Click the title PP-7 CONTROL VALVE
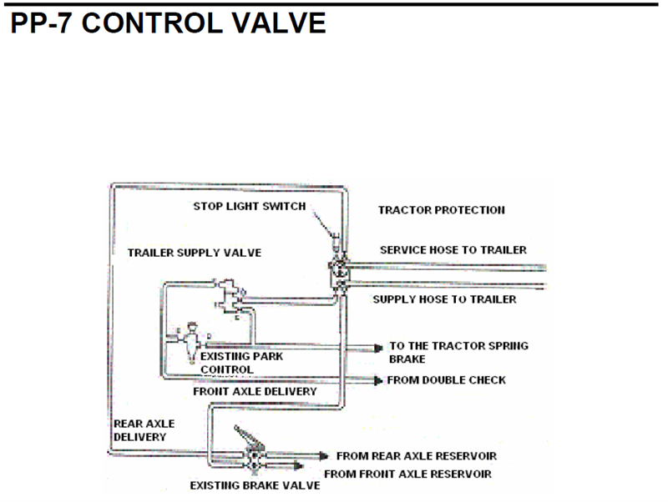168,23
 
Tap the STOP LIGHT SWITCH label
250,206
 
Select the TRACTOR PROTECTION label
441,210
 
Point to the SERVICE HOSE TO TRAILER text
453,249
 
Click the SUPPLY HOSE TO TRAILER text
444,299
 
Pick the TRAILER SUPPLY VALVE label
194,252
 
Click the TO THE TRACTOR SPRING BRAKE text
458,351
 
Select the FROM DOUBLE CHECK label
446,380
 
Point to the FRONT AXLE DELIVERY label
255,390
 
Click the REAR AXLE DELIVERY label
144,429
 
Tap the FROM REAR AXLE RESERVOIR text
416,456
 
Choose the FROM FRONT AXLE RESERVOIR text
407,474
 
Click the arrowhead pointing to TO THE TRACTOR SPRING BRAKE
378,346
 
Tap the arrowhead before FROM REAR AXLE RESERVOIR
325,456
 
